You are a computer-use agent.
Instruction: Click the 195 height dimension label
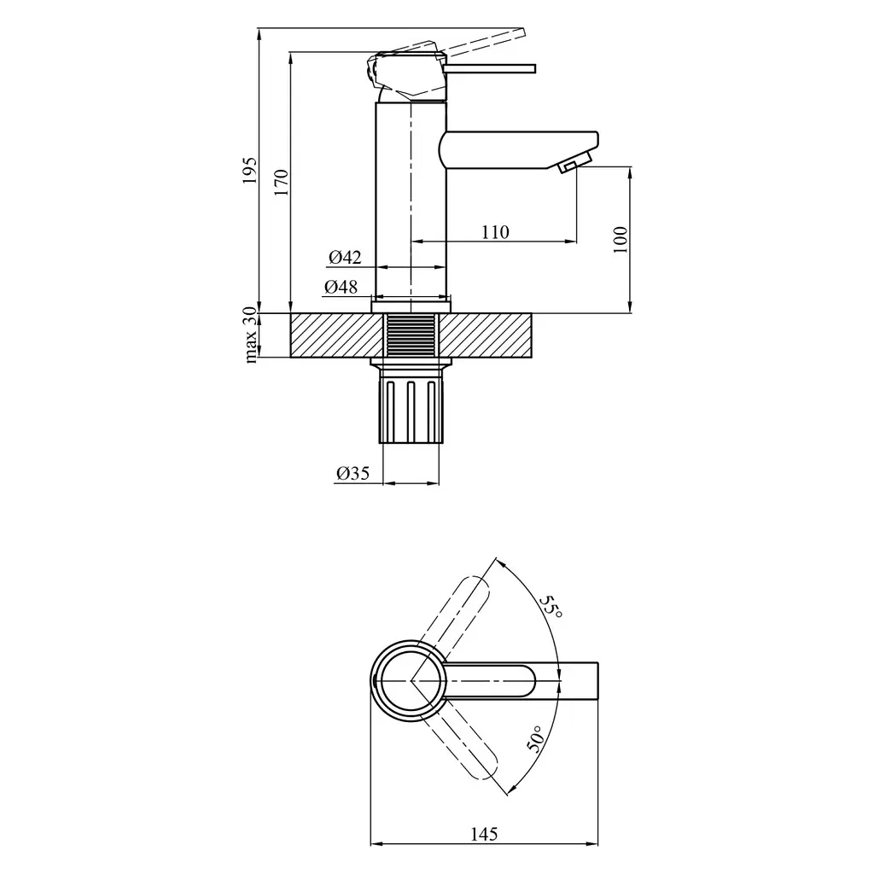click(250, 171)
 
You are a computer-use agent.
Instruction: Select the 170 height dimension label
click(281, 182)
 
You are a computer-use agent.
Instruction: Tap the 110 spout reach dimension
click(496, 231)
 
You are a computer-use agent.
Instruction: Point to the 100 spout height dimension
click(621, 240)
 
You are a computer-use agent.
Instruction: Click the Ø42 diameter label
click(345, 257)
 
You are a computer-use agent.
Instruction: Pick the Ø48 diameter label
click(341, 287)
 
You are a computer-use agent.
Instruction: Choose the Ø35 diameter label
click(353, 473)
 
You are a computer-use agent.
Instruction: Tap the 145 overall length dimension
click(484, 834)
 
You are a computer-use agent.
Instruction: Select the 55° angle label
click(551, 606)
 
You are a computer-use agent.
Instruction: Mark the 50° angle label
click(534, 739)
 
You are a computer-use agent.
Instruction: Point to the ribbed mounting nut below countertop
click(411, 411)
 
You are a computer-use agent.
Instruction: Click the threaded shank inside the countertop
click(411, 335)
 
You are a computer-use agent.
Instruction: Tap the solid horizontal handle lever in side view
click(490, 68)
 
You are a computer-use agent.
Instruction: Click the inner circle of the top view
click(411, 680)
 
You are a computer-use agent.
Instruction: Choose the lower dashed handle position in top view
click(458, 744)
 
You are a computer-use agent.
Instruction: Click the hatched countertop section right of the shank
click(485, 335)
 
